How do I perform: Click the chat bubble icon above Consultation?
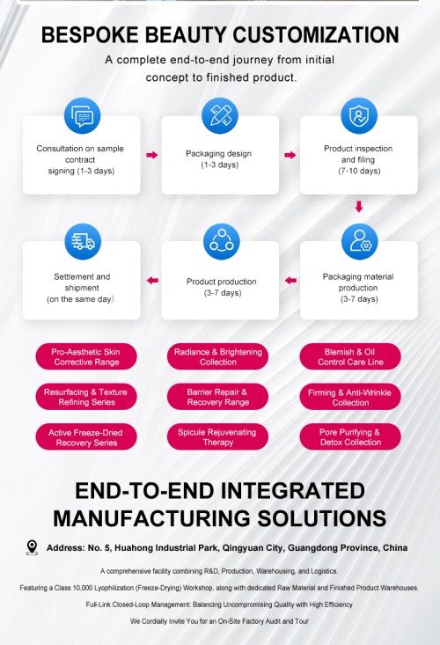coord(82,116)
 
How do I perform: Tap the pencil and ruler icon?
coord(220,116)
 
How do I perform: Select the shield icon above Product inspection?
coord(359,116)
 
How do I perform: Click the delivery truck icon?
coord(83,241)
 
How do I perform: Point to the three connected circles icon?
coord(221,241)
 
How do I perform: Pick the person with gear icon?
coord(359,241)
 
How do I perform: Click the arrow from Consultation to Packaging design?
coord(152,155)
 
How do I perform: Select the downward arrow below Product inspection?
coord(359,207)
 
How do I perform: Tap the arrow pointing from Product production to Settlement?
coord(152,281)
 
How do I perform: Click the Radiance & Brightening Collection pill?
coord(217,356)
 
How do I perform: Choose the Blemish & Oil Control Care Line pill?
coord(350,356)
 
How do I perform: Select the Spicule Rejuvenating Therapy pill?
coord(217,436)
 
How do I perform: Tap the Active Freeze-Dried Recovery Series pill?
coord(86,436)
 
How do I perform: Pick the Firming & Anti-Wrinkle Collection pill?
coord(350,397)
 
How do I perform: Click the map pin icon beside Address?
coord(32,548)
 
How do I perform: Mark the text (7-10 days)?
coord(359,171)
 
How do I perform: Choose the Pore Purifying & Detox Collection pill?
coord(350,436)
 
